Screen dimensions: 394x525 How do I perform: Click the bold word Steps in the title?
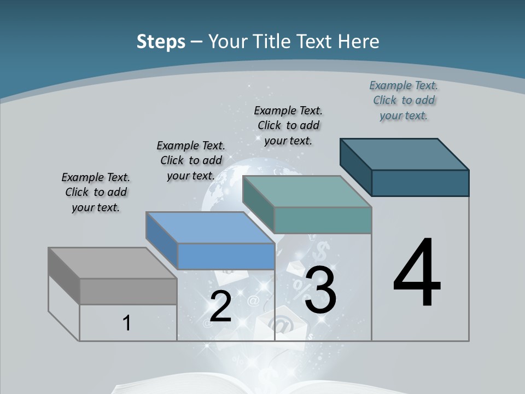tap(161, 42)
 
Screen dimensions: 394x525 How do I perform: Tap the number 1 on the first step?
tap(127, 323)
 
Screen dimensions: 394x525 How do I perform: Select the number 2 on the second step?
tap(220, 306)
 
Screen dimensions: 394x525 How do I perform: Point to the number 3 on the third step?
tap(320, 290)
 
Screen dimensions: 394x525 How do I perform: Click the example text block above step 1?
tap(96, 193)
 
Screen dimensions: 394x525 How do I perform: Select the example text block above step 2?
tap(191, 161)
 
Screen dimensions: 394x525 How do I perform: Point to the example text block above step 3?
tap(288, 125)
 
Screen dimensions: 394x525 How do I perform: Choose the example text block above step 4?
tap(404, 101)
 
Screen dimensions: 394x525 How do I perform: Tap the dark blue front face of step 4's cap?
tap(420, 183)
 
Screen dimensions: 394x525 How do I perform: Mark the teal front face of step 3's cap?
tap(323, 220)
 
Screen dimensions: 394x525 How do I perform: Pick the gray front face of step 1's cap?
tap(128, 292)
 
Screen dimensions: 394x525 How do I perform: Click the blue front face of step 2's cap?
tap(226, 256)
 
